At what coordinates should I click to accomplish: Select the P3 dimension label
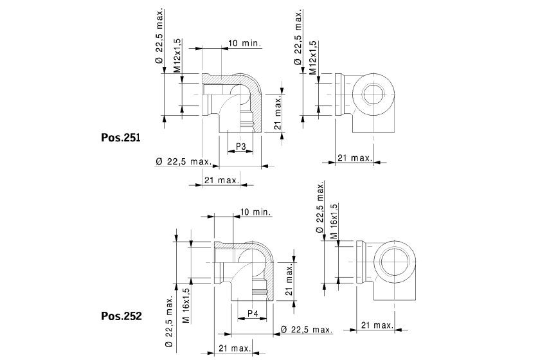[x=240, y=147]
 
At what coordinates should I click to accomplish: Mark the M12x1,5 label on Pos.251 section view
[x=177, y=59]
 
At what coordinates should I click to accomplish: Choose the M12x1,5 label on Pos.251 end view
[x=313, y=59]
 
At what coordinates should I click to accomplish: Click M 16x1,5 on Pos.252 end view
[x=334, y=222]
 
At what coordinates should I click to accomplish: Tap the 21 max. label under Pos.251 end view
[x=355, y=157]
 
